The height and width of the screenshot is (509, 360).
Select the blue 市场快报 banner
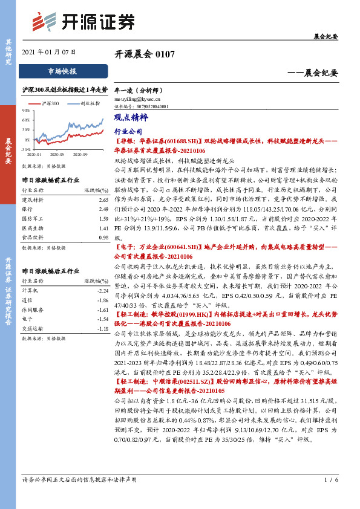pos(62,71)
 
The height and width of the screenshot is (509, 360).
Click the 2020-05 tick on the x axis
pos(58,155)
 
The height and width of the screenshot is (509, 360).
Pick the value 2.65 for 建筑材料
pos(102,199)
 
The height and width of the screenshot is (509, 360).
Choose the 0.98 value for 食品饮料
pos(102,238)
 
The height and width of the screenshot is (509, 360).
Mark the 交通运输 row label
pos(31,328)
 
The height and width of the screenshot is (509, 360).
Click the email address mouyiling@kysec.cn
pos(137,97)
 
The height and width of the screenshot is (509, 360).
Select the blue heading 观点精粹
pos(128,119)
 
